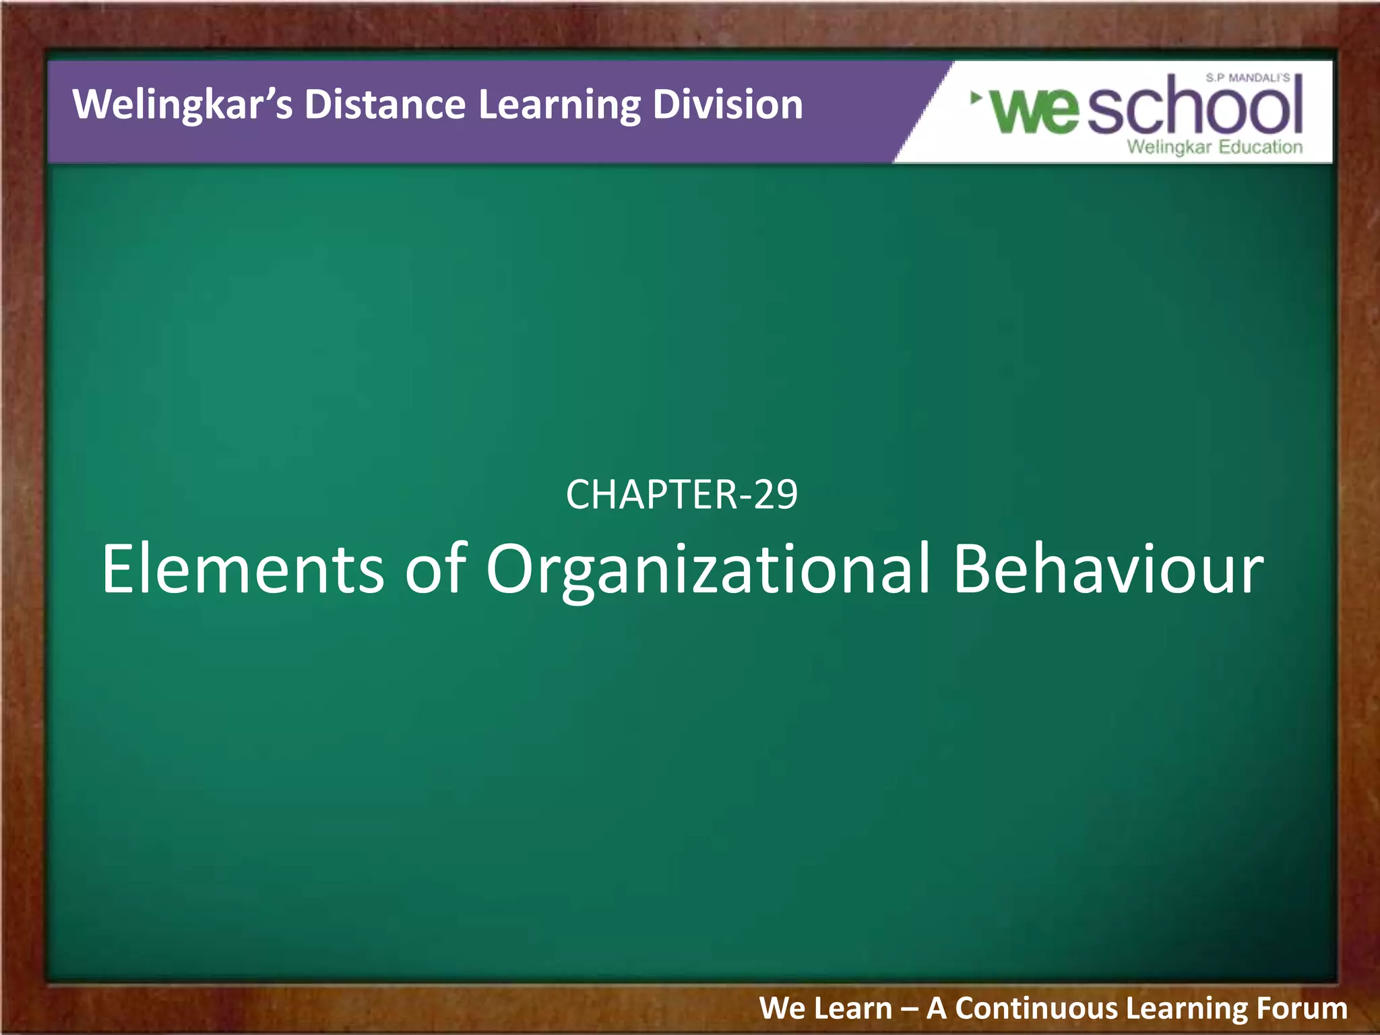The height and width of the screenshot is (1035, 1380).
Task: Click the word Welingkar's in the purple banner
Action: [x=183, y=105]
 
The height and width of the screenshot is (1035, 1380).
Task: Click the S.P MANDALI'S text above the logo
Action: [x=1247, y=78]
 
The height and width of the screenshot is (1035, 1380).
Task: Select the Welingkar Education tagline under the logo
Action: [x=1214, y=147]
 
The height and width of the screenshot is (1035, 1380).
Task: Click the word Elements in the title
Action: [x=243, y=569]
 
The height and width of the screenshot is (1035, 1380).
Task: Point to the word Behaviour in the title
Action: [x=1108, y=569]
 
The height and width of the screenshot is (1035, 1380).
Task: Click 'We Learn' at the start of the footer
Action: [x=825, y=1009]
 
